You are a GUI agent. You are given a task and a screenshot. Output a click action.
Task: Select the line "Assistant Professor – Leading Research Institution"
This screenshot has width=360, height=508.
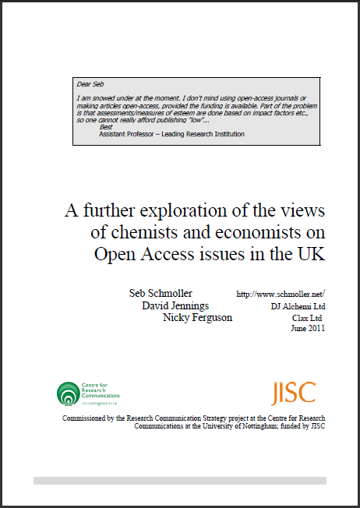click(171, 134)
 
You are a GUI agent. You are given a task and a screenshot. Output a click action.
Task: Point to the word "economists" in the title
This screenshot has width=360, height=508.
click(279, 232)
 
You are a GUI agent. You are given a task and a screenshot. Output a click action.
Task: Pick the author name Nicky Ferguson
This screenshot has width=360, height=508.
click(197, 317)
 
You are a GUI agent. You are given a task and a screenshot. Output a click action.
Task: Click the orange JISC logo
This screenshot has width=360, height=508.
click(293, 393)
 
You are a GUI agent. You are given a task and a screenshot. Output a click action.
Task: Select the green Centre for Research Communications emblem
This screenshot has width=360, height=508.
click(69, 393)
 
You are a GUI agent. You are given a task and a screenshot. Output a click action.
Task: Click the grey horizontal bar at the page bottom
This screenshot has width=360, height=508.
click(179, 481)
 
